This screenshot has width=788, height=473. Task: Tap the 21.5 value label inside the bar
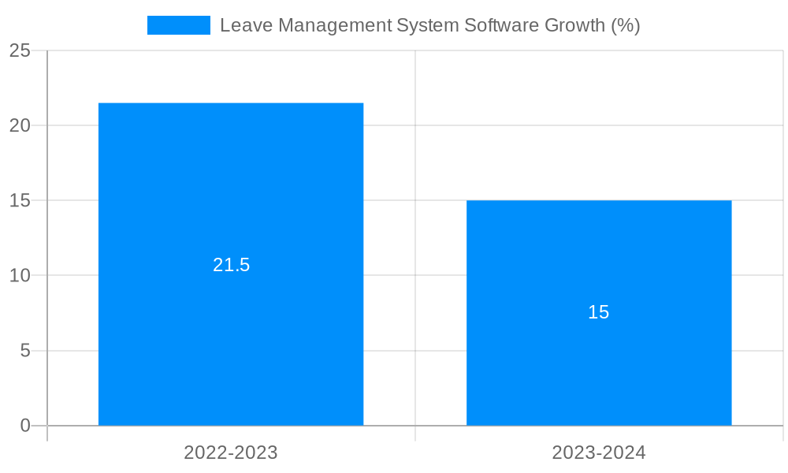click(x=231, y=265)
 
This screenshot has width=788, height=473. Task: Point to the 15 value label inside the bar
click(x=599, y=312)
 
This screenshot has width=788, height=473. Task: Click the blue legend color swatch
click(x=179, y=25)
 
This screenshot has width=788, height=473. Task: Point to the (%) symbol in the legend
click(x=626, y=25)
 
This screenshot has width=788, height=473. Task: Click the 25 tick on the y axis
click(x=20, y=51)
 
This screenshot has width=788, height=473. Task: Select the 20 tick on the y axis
click(x=20, y=126)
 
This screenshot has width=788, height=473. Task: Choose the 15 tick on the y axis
click(x=20, y=201)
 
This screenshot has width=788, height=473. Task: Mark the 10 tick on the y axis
click(x=20, y=276)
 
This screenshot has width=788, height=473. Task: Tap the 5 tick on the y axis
click(x=25, y=351)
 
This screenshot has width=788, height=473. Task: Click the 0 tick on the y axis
click(x=25, y=426)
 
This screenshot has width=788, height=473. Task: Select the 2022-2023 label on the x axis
click(x=231, y=453)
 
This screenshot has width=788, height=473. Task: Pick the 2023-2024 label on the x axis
click(x=599, y=453)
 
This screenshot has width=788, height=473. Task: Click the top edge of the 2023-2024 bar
click(x=599, y=201)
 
